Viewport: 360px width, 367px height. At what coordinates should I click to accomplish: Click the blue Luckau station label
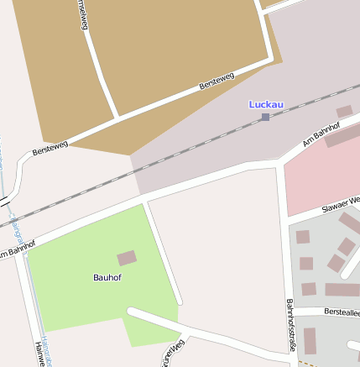266,104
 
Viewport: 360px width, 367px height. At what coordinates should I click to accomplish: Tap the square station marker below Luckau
265,117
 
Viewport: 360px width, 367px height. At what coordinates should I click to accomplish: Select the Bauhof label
107,276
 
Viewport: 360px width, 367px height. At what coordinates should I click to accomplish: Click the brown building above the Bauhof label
126,259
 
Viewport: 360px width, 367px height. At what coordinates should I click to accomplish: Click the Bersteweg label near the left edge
48,150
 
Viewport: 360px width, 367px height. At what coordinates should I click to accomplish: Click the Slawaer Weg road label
341,205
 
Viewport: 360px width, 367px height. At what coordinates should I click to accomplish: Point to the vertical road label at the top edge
82,14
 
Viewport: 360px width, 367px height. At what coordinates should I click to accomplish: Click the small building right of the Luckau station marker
344,111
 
